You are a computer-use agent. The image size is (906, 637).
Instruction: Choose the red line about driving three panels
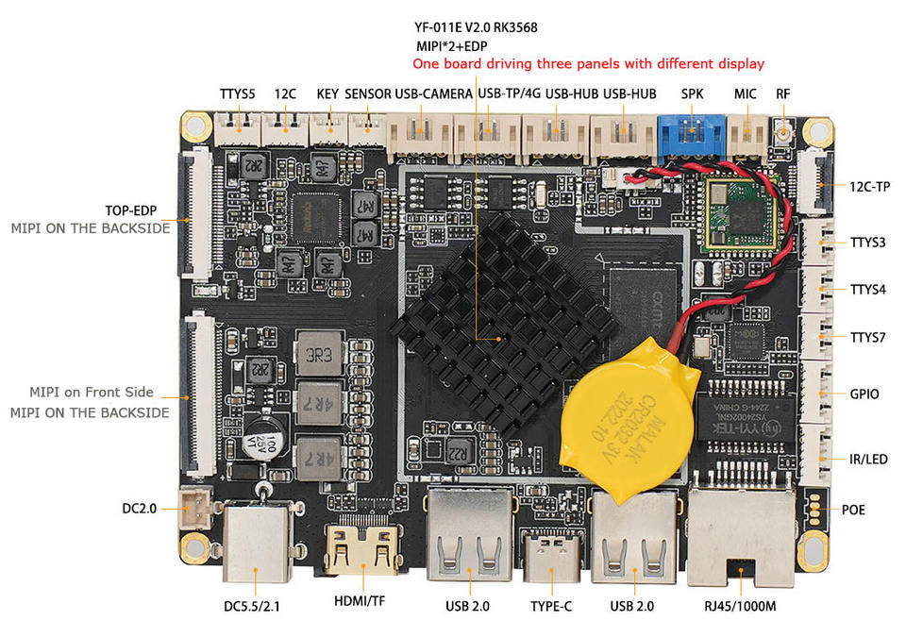coord(587,64)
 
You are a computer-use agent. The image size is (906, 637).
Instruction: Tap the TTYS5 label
coord(238,94)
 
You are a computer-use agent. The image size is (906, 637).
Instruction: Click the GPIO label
coord(864,394)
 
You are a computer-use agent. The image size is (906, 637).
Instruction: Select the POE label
coord(853,511)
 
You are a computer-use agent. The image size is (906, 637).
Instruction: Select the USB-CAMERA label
coord(434,94)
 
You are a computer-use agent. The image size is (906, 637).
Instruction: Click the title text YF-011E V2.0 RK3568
coord(477,27)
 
